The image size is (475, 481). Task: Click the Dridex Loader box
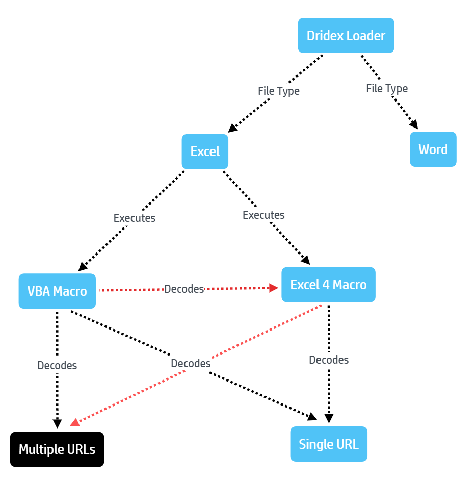(x=346, y=36)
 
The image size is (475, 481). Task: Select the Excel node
(x=205, y=151)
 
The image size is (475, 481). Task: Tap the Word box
(x=433, y=149)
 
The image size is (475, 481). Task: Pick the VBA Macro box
(x=57, y=291)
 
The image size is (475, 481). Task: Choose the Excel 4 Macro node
(x=329, y=285)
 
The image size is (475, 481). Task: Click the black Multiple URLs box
(x=57, y=449)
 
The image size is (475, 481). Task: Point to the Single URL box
(x=329, y=444)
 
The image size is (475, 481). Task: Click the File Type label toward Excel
(x=279, y=91)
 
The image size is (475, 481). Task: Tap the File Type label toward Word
(x=387, y=89)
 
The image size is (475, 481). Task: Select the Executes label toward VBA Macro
(x=135, y=218)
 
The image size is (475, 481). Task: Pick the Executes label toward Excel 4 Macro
(x=263, y=215)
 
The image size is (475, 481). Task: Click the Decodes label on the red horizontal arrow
(x=184, y=289)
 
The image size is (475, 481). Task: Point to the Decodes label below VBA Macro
(x=57, y=365)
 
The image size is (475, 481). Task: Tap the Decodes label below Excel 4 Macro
(x=329, y=360)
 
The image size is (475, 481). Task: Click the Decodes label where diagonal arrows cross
(x=191, y=364)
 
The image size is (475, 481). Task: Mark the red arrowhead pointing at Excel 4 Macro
(x=274, y=288)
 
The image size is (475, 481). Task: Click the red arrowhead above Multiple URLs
(x=75, y=422)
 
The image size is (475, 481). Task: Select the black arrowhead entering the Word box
(x=414, y=124)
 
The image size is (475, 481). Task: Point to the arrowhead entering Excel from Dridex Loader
(x=232, y=128)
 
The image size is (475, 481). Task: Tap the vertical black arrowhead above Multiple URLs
(x=57, y=424)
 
